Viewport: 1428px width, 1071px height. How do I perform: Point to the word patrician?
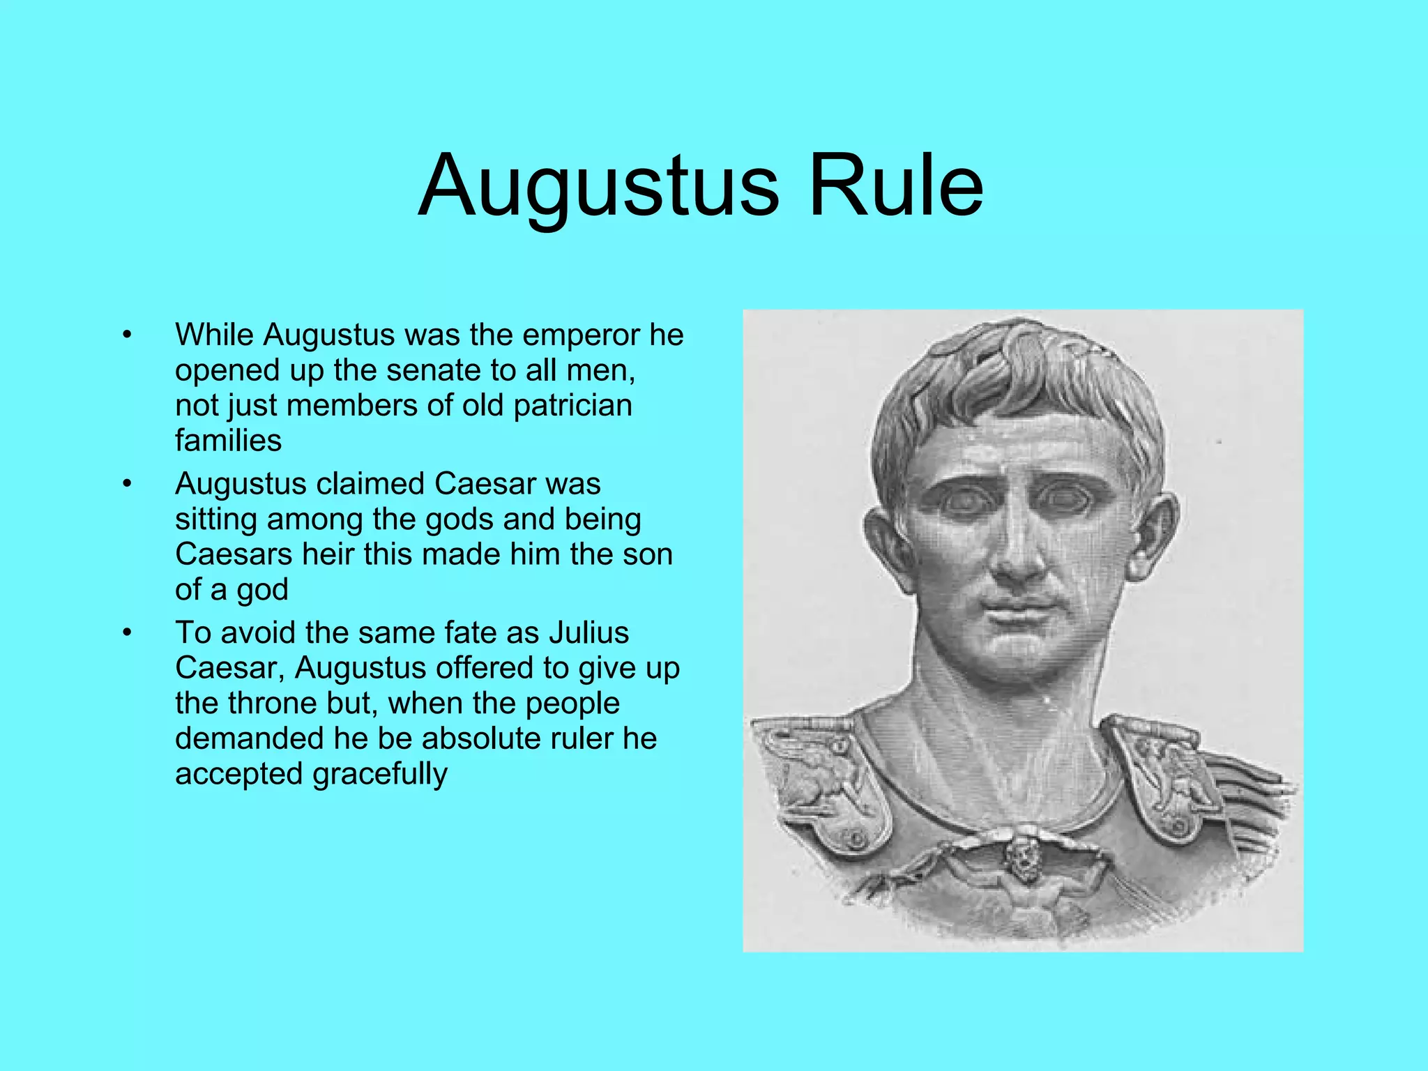(572, 406)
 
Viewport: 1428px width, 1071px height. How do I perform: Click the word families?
(228, 441)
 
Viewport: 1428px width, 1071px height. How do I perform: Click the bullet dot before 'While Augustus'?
(126, 335)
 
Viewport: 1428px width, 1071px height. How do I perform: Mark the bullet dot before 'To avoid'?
(126, 633)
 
